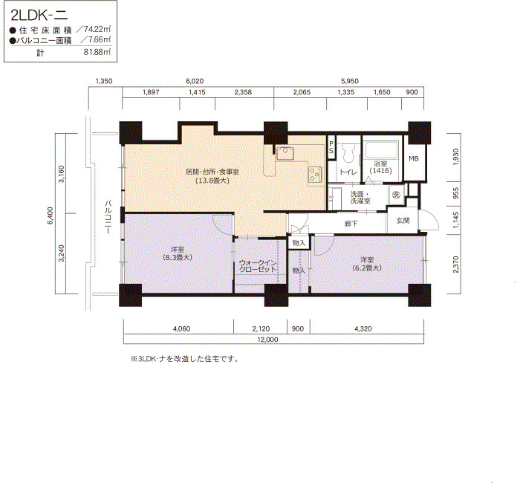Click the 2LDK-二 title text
pos(39,16)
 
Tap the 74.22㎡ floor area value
pos(97,29)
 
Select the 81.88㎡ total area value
pos(97,52)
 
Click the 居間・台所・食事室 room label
pos(212,172)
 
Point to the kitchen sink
pos(285,153)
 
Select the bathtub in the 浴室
pos(382,150)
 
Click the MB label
pos(414,158)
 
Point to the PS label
pos(331,147)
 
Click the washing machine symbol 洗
pos(396,195)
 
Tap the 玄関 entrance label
pos(403,221)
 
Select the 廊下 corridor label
pos(351,224)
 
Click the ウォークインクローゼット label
pos(258,266)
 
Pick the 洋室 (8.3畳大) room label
pos(178,253)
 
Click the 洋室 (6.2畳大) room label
pos(367,264)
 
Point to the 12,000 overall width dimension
pos(267,340)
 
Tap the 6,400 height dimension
pos(51,215)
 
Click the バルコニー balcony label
pos(108,218)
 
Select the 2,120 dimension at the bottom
pos(261,328)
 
